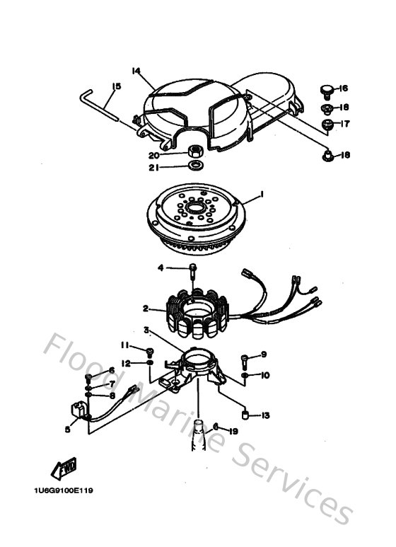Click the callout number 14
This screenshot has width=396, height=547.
click(x=136, y=70)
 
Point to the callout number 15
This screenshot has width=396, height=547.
click(x=117, y=86)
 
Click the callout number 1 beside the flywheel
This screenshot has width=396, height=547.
click(x=262, y=193)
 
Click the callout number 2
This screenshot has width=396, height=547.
click(x=145, y=309)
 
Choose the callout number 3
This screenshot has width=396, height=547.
click(x=146, y=330)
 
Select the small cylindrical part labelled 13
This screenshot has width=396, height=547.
click(x=245, y=414)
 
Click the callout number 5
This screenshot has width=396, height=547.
click(x=67, y=428)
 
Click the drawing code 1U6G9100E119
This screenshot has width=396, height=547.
click(x=63, y=490)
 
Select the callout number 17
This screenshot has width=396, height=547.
click(x=345, y=124)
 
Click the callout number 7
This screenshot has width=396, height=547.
click(x=111, y=384)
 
